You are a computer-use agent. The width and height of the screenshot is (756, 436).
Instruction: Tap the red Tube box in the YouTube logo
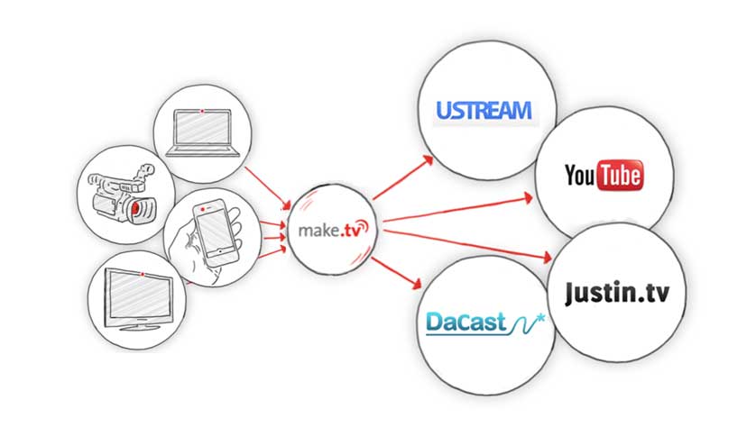pos(620,175)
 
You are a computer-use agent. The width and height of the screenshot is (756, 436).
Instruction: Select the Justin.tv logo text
pos(617,293)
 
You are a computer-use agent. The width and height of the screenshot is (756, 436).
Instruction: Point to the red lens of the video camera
pos(135,210)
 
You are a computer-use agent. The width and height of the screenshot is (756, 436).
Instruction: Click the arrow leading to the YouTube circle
pos(460,206)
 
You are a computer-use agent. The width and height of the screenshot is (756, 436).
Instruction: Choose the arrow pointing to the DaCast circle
pos(397,273)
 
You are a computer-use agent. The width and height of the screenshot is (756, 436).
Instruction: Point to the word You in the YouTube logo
pos(579,175)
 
